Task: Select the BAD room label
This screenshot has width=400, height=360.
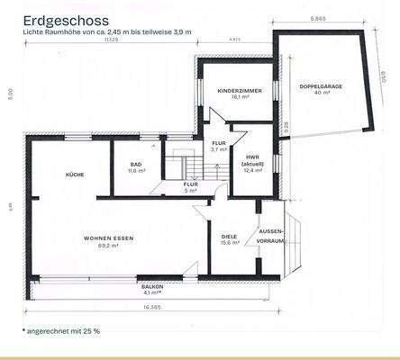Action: pyautogui.click(x=136, y=165)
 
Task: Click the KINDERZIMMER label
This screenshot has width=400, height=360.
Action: pyautogui.click(x=237, y=92)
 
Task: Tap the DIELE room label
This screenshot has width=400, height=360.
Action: pyautogui.click(x=229, y=237)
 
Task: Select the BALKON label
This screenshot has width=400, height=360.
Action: pyautogui.click(x=152, y=287)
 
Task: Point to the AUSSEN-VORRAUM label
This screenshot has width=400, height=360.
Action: pyautogui.click(x=271, y=236)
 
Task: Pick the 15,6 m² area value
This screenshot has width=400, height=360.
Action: pyautogui.click(x=229, y=243)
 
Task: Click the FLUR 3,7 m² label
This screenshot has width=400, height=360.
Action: pyautogui.click(x=219, y=146)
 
